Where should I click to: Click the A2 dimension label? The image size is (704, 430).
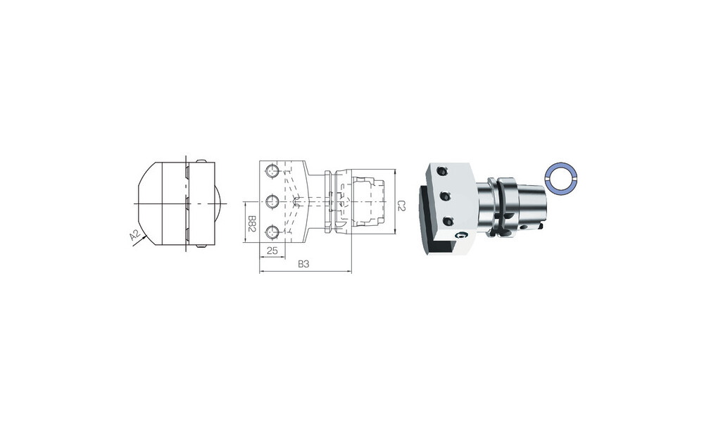134,235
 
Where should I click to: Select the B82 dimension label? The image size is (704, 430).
252,222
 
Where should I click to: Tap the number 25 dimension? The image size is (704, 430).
272,251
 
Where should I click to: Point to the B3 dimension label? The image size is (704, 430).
304,264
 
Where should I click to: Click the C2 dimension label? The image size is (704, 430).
402,205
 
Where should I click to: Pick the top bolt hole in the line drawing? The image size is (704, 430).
272,171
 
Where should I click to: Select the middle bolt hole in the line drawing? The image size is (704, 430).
272,201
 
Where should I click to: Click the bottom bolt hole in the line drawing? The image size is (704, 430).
272,232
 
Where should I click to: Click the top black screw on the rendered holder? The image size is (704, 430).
442,170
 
